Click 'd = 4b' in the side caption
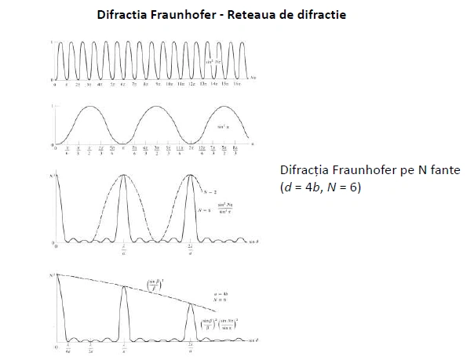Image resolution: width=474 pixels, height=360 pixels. click(x=303, y=188)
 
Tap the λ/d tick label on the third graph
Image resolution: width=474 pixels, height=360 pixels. click(x=124, y=251)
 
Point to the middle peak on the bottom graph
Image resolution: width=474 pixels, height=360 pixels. click(x=124, y=287)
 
